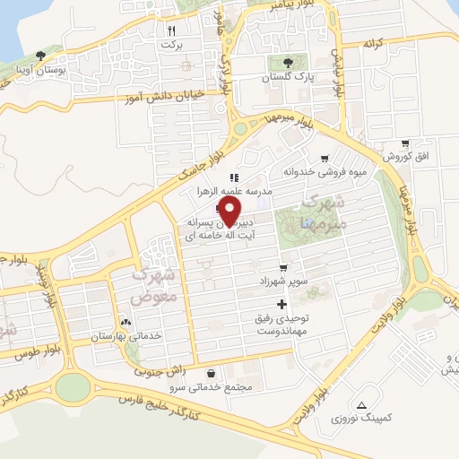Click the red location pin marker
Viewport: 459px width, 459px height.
pyautogui.click(x=229, y=212)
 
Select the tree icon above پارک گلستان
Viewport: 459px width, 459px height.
pyautogui.click(x=288, y=62)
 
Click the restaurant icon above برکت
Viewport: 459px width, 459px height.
pyautogui.click(x=171, y=29)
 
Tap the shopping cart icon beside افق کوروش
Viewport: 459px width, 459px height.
pyautogui.click(x=405, y=143)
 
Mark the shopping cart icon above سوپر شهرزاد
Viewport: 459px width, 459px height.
pyautogui.click(x=284, y=267)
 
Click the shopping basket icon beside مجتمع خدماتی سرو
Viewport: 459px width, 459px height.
pyautogui.click(x=210, y=373)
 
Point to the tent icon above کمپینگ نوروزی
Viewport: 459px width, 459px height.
pyautogui.click(x=361, y=405)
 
